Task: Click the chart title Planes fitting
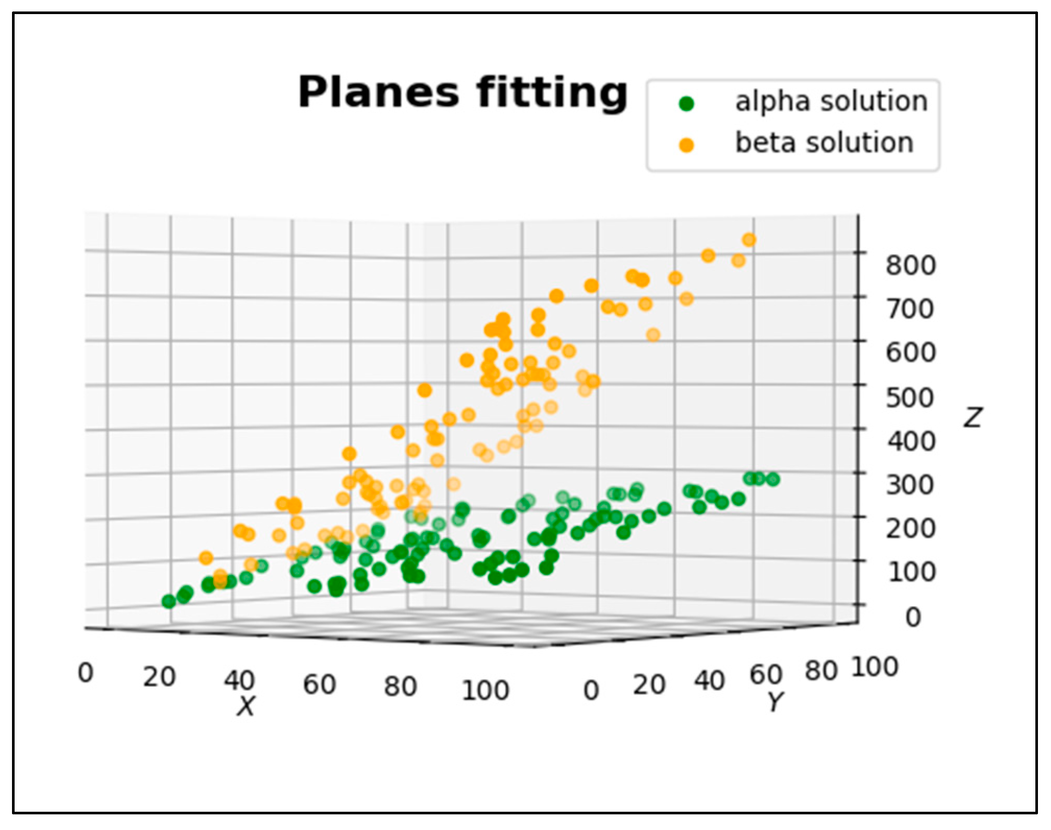click(x=462, y=93)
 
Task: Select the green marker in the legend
click(x=687, y=103)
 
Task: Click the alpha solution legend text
click(x=831, y=102)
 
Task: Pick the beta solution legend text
click(x=824, y=143)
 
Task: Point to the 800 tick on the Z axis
click(x=911, y=265)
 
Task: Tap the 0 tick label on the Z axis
click(x=913, y=617)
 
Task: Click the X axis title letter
click(x=246, y=707)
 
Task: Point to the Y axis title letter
click(x=776, y=702)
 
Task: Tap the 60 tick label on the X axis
click(x=319, y=684)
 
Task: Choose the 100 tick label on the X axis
click(x=485, y=690)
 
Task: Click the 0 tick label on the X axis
click(x=86, y=673)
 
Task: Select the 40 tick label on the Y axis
click(x=709, y=681)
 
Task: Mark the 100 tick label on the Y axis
click(x=875, y=667)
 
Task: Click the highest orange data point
click(x=749, y=240)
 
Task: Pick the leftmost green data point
click(x=168, y=602)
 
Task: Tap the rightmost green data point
click(x=773, y=479)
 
